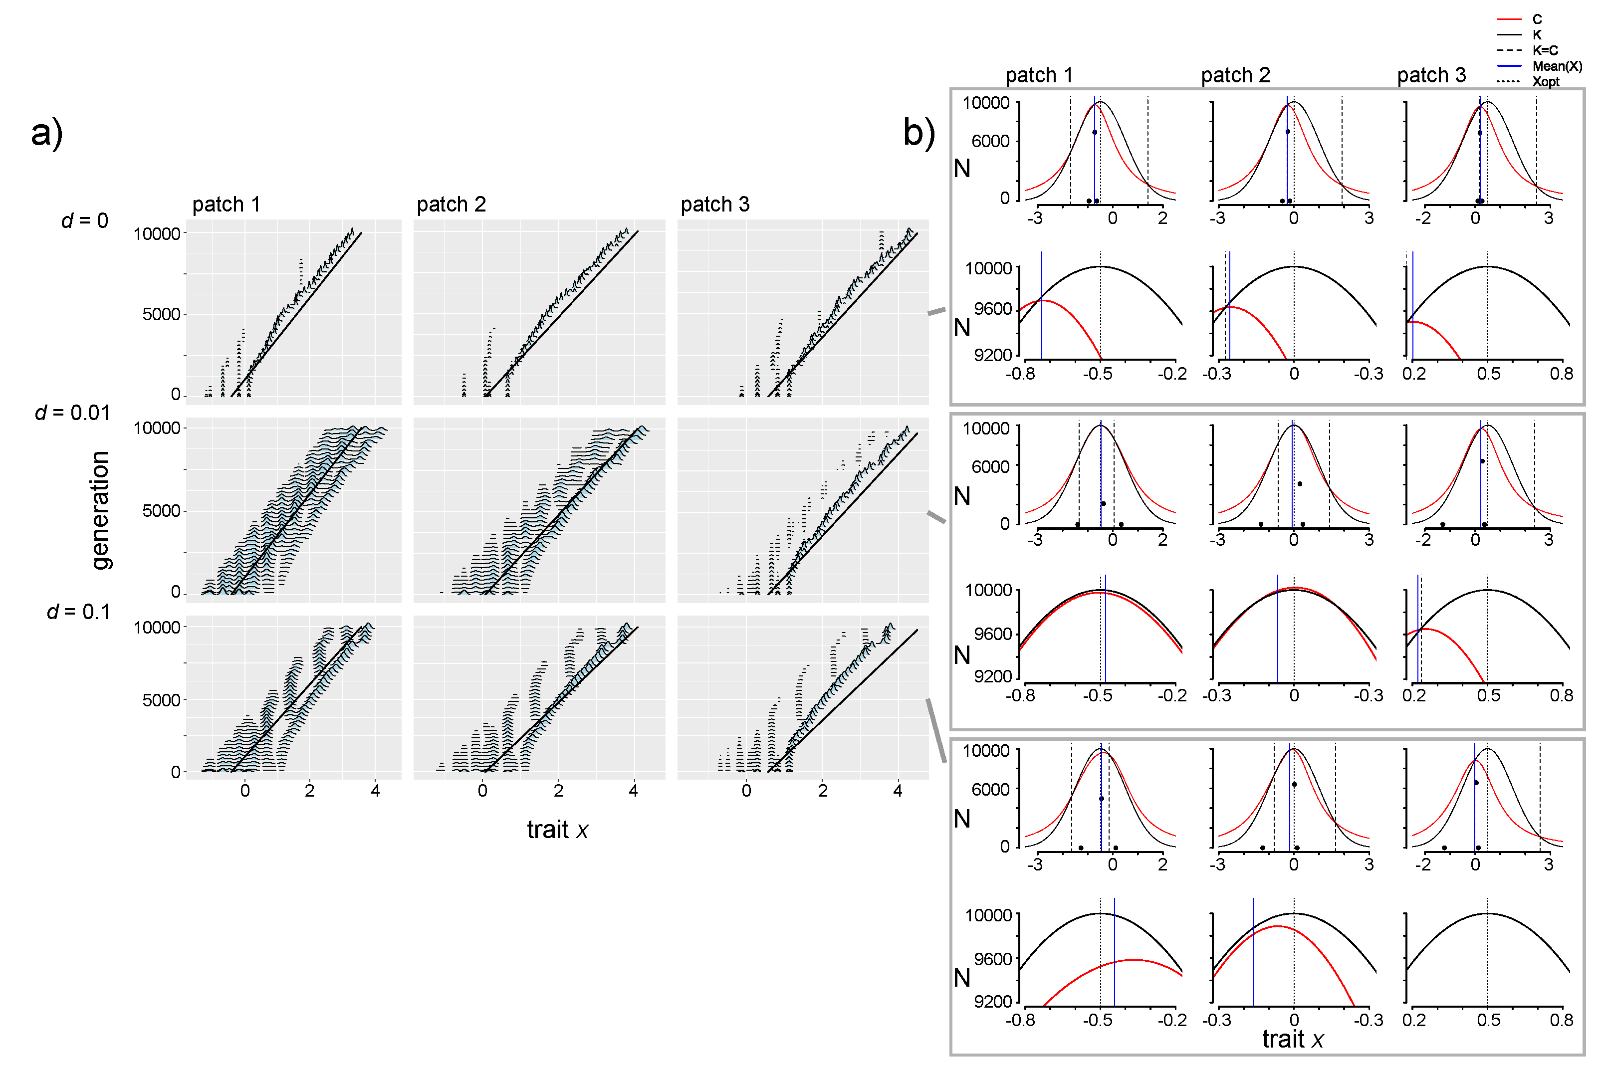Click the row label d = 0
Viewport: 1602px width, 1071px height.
pyautogui.click(x=85, y=220)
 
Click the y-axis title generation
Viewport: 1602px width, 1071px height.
pyautogui.click(x=100, y=510)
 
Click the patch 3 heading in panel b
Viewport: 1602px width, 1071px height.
pyautogui.click(x=1431, y=75)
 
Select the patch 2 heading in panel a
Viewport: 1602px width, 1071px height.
pyautogui.click(x=451, y=204)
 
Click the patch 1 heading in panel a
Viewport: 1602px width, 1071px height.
pyautogui.click(x=226, y=204)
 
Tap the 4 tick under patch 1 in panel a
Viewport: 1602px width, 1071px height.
pyautogui.click(x=375, y=791)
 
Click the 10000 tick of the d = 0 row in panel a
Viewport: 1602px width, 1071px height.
pyautogui.click(x=157, y=234)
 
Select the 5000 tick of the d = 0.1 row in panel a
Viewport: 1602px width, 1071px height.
pyautogui.click(x=161, y=700)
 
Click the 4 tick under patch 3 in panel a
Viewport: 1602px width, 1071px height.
pyautogui.click(x=898, y=791)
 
